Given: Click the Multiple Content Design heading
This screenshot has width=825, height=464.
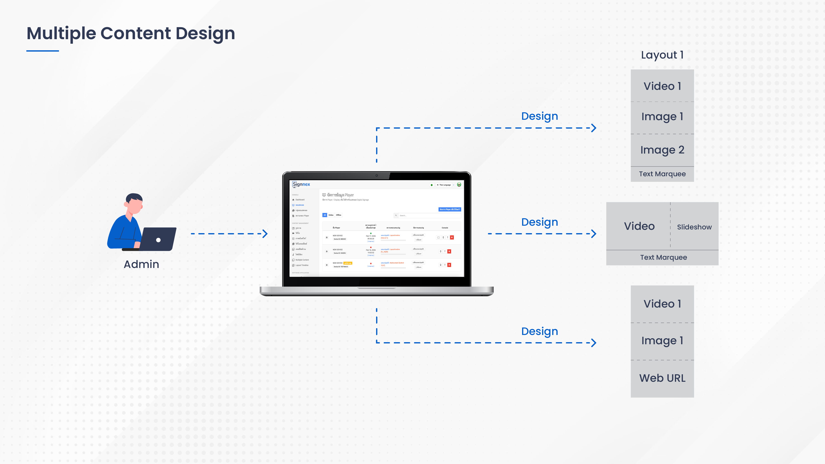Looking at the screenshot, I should point(131,33).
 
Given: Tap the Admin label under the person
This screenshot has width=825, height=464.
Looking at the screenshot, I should point(141,264).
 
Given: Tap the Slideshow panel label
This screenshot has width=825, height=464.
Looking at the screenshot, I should point(694,227).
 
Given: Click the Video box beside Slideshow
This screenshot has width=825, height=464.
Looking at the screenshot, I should point(639,226).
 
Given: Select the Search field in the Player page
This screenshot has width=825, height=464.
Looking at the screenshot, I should point(429,215).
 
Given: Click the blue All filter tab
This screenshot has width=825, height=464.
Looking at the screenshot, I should point(324,215).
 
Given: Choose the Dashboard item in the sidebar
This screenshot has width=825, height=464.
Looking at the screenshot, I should point(300,200).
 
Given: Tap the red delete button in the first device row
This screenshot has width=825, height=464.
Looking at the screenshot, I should point(452,237).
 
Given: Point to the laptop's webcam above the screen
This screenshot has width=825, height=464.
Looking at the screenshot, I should point(377,175).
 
